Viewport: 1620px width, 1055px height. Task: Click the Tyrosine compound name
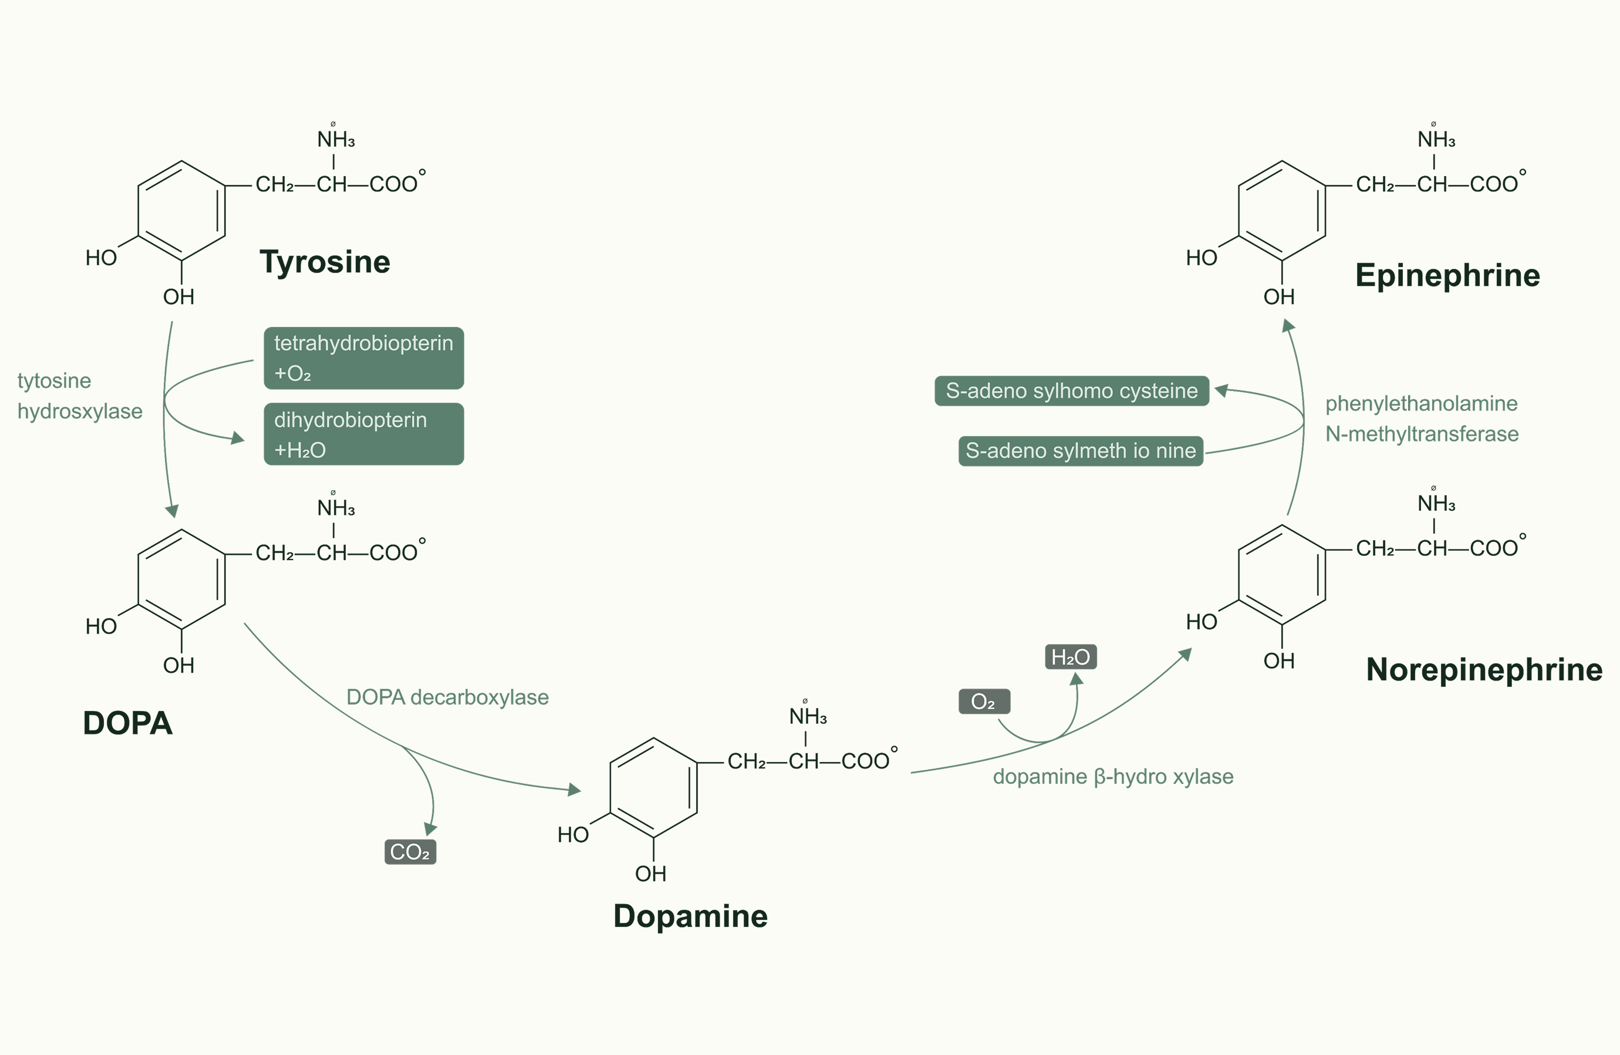[x=325, y=262]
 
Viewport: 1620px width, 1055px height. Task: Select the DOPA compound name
[x=127, y=723]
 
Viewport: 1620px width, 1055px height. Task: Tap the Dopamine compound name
[x=690, y=916]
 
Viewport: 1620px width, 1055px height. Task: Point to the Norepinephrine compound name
[x=1484, y=670]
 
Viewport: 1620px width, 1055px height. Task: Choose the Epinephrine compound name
[x=1447, y=276]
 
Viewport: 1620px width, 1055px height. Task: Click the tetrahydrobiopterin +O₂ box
[x=363, y=358]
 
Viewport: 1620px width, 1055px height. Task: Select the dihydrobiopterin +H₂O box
[x=363, y=434]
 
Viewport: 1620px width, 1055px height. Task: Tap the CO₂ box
[x=410, y=852]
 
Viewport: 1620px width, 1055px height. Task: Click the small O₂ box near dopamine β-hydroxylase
[x=984, y=702]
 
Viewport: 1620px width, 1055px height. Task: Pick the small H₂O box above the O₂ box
[x=1071, y=657]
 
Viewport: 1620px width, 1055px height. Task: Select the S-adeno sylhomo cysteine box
[x=1071, y=390]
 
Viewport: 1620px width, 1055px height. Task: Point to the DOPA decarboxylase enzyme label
[x=447, y=697]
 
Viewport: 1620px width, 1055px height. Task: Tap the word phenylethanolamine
[x=1421, y=403]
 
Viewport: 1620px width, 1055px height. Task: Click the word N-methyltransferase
[x=1422, y=434]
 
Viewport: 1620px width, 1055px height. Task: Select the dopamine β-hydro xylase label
[x=1113, y=777]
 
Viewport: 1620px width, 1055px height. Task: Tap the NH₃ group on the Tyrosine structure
[x=336, y=140]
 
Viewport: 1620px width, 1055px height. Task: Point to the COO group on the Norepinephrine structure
[x=1493, y=548]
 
